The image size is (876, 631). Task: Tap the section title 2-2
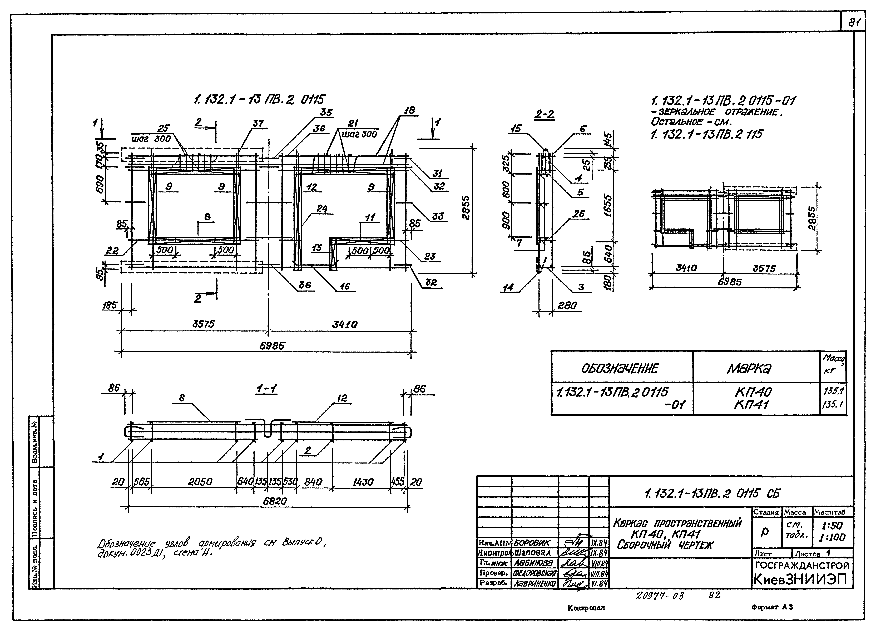pyautogui.click(x=545, y=114)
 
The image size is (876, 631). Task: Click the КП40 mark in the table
pyautogui.click(x=753, y=392)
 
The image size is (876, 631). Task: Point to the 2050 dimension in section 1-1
pyautogui.click(x=200, y=482)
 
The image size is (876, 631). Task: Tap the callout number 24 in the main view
pyautogui.click(x=322, y=209)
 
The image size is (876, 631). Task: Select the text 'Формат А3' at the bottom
pyautogui.click(x=772, y=607)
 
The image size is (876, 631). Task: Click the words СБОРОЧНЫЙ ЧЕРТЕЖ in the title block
pyautogui.click(x=665, y=545)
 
